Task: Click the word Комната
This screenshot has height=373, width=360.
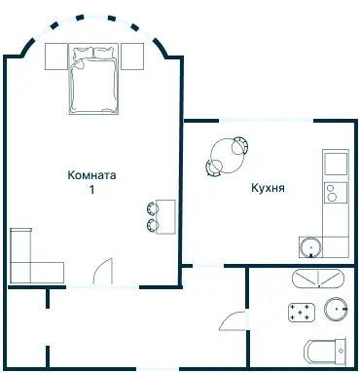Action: (x=92, y=176)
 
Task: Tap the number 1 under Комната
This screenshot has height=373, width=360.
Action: (x=92, y=191)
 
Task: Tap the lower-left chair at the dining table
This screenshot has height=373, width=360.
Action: (x=213, y=168)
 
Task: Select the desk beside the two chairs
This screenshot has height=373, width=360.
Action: (x=166, y=216)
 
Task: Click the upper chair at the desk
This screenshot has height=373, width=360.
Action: (x=153, y=207)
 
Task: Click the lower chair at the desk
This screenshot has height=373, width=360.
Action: (x=153, y=226)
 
